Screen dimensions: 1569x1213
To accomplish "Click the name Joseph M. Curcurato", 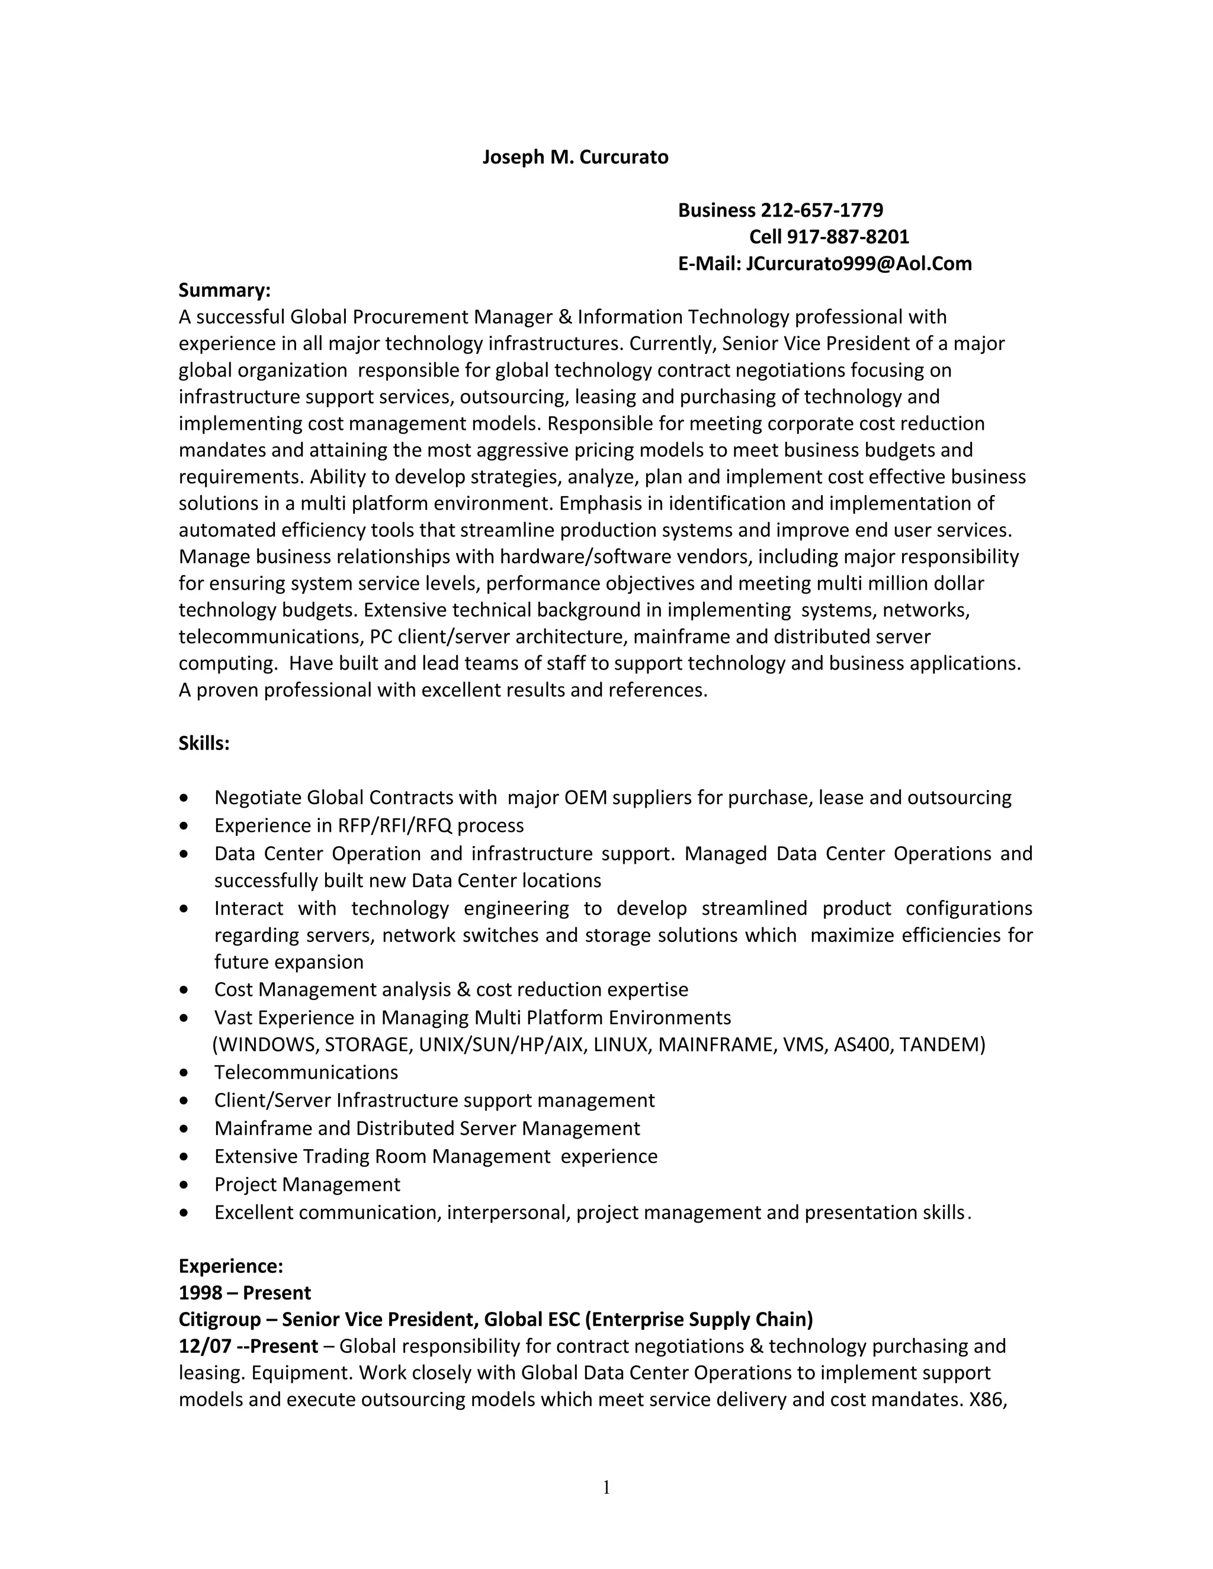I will (575, 157).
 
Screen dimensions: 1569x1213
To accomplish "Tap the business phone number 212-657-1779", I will (821, 211).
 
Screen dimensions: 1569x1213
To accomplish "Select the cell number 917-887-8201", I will (848, 237).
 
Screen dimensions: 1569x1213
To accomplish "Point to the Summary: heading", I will (224, 290).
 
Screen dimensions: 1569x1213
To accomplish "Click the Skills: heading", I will (204, 744).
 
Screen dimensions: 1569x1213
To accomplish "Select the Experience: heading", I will (230, 1266).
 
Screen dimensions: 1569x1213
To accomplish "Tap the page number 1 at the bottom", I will (606, 1487).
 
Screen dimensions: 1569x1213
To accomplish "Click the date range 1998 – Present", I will (245, 1293).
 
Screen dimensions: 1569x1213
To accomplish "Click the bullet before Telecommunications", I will (185, 1073).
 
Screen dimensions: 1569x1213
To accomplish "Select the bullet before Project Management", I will (185, 1185).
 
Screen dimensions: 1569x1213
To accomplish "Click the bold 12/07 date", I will (204, 1346).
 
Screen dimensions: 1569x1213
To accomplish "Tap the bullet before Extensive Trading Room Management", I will (185, 1158).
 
